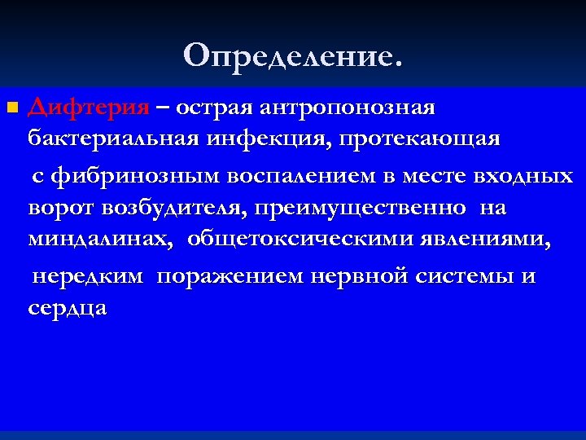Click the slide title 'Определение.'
pos(293,55)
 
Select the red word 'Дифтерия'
pos(89,108)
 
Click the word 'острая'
pos(216,108)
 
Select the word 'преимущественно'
pos(361,209)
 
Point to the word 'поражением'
pos(230,277)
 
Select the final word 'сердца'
pos(68,310)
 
